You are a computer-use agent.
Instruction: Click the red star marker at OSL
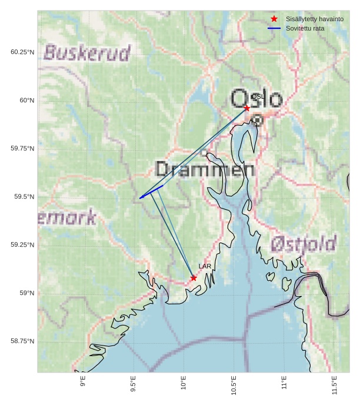coord(246,108)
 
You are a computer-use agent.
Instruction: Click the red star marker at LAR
coord(194,278)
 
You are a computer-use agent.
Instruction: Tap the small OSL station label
coord(258,96)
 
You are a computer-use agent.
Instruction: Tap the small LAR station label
coord(205,267)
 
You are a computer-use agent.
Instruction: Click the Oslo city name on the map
coord(256,99)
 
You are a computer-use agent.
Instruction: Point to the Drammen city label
coord(205,170)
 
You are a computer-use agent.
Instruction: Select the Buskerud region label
coord(87,53)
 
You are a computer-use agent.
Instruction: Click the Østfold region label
coord(304,244)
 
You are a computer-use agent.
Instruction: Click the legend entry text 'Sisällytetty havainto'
coord(314,19)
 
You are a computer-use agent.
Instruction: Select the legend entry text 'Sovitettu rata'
coord(305,28)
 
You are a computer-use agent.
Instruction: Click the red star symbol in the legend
coord(274,19)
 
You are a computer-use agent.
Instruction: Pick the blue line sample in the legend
coord(274,28)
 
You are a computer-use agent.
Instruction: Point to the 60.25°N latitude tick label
coord(22,52)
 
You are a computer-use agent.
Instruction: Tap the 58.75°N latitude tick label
coord(22,341)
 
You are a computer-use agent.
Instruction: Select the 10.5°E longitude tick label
coord(234,385)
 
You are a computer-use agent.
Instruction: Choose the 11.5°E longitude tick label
coord(335,385)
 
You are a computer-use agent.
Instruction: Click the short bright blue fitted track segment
coord(151,192)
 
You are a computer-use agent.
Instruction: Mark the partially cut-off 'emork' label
coord(68,218)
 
